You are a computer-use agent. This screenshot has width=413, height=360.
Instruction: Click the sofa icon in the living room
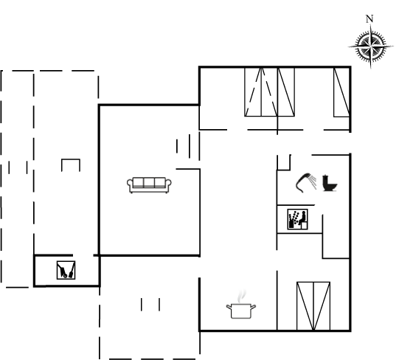149,185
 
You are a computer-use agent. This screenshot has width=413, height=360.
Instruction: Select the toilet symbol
330,183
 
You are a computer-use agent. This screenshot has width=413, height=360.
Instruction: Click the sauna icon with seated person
298,219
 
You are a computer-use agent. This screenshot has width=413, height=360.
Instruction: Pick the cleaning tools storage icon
66,270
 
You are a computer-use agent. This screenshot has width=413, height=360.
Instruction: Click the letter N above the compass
369,19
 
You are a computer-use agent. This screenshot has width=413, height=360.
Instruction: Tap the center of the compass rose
370,46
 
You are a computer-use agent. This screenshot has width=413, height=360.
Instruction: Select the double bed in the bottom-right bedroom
313,306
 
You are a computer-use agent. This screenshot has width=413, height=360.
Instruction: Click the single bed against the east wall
341,92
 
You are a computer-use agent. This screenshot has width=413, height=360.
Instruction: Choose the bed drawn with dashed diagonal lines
261,92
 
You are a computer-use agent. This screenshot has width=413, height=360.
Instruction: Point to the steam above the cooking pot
242,297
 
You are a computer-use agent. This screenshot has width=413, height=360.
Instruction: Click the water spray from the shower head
313,182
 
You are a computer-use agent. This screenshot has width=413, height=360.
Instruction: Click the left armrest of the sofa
130,184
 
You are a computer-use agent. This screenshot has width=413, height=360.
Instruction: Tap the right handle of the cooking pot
253,307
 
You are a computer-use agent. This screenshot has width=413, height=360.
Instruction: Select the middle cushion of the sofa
149,182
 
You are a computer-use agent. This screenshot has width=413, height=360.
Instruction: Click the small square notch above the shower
284,162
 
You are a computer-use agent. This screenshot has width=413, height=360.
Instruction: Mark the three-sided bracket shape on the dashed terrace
71,165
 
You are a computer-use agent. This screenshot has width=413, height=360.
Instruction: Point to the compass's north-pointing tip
371,25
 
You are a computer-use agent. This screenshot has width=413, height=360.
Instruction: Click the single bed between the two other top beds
286,92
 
